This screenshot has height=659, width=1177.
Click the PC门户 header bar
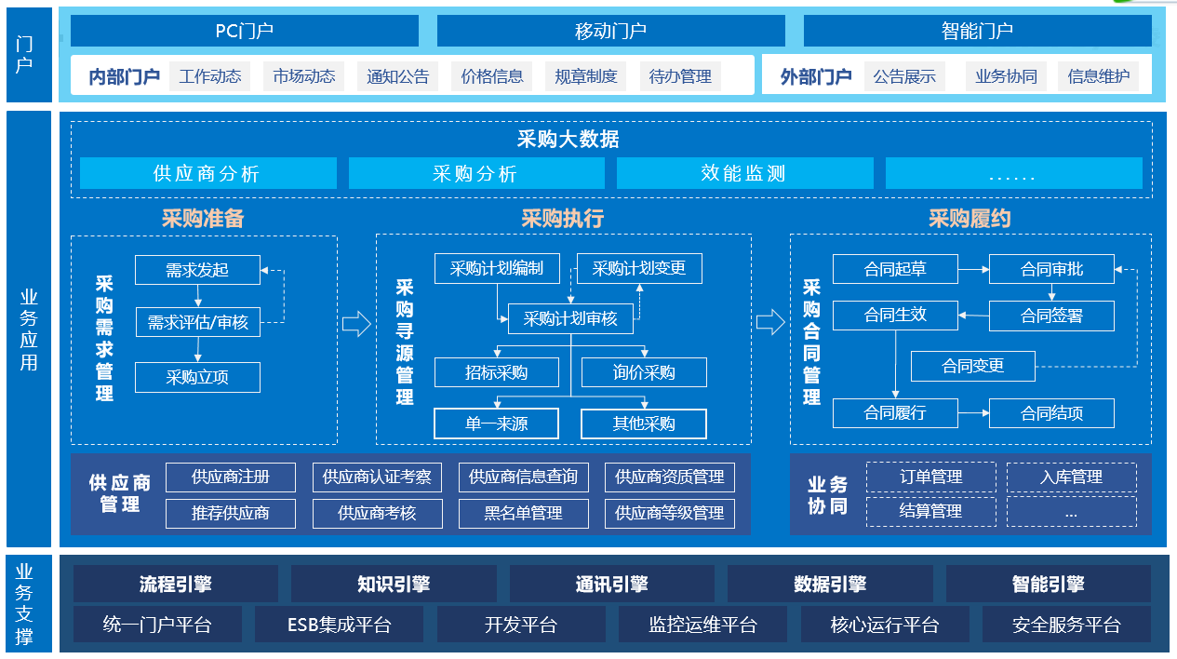click(244, 31)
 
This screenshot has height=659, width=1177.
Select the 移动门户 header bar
click(610, 31)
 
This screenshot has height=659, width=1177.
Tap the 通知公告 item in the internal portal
click(397, 76)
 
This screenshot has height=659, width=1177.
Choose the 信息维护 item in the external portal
click(1098, 76)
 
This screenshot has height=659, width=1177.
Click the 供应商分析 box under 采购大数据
click(207, 173)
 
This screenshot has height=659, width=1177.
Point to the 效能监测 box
click(744, 173)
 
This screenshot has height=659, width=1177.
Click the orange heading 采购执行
click(562, 218)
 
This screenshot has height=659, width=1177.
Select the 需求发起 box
click(197, 270)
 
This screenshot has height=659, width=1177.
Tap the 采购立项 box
click(197, 377)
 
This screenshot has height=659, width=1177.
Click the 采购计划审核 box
click(570, 318)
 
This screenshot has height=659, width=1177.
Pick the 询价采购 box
click(644, 372)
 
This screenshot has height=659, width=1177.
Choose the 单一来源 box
click(496, 424)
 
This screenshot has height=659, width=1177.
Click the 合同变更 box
click(972, 366)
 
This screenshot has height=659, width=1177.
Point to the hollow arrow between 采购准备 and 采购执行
click(356, 323)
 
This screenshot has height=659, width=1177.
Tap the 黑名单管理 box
click(523, 513)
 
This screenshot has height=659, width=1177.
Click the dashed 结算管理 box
click(930, 511)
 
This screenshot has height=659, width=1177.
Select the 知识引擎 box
click(394, 585)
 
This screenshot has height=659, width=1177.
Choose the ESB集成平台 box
click(339, 625)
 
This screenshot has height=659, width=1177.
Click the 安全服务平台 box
click(1066, 625)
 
